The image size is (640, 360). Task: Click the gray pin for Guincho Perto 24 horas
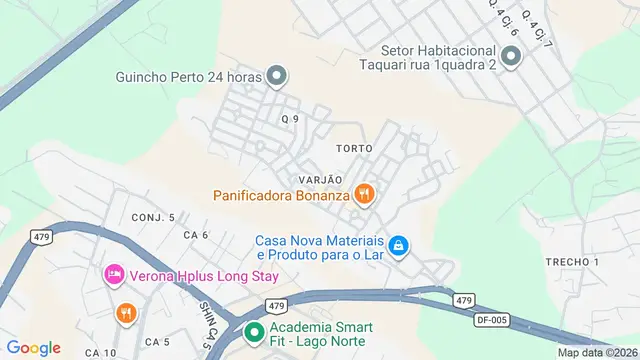coord(279,75)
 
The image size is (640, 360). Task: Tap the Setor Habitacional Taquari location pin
coord(511,58)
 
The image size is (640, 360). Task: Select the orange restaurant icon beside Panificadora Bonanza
coord(365,194)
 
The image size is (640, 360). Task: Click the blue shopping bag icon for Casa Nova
coord(398,245)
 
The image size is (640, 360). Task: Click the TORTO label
coord(355,148)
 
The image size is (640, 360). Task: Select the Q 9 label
coord(290,119)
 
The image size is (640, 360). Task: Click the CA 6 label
coord(195,235)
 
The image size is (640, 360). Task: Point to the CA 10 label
coord(101,353)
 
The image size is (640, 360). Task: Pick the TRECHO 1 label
coord(572,262)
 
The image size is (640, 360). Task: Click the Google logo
coord(33,347)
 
